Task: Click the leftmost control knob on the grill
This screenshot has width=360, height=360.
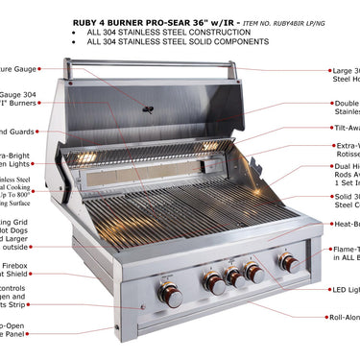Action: click(x=171, y=296)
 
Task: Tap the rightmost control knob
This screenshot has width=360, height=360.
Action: click(x=288, y=262)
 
